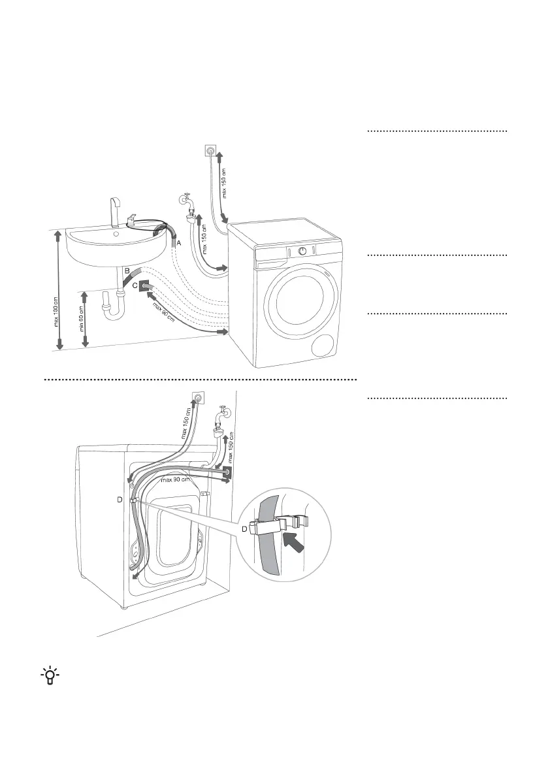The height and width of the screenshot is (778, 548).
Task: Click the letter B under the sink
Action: (127, 270)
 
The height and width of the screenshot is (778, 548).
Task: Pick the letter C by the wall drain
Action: (135, 285)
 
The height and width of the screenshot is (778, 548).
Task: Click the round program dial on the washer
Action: (302, 251)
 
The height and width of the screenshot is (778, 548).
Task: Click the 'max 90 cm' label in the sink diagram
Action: (166, 310)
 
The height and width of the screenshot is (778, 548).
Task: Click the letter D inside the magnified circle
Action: (245, 528)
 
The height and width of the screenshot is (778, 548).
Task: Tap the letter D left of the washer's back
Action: (120, 500)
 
